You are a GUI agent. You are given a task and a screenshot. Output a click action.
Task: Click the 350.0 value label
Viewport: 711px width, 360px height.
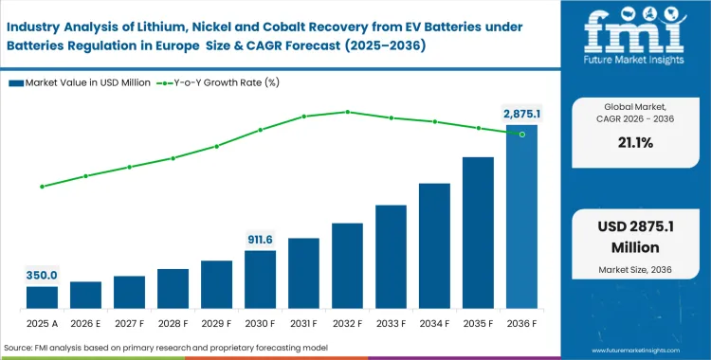coord(42,275)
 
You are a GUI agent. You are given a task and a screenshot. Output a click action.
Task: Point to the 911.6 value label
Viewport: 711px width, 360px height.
coord(260,240)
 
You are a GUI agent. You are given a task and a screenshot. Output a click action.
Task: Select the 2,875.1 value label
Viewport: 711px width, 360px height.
coord(520,114)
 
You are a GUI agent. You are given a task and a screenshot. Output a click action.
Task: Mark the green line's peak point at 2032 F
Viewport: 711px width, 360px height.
coord(347,112)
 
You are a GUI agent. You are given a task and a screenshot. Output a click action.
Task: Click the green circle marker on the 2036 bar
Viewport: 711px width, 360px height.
coord(521,135)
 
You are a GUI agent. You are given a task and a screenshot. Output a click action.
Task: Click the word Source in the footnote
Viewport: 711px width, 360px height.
coord(23,349)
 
